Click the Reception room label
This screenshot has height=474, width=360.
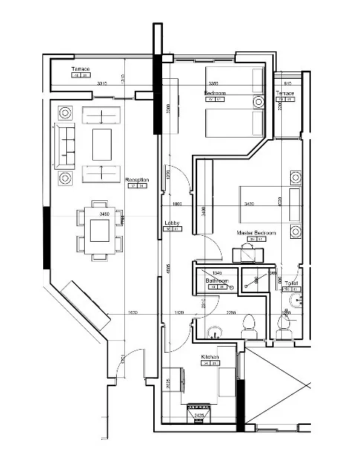click(x=137, y=180)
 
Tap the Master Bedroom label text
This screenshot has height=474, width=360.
click(x=257, y=233)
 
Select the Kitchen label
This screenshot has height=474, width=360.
click(x=210, y=358)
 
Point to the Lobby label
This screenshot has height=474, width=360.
click(x=173, y=222)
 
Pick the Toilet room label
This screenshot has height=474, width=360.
click(x=291, y=284)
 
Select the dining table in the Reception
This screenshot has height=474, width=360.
click(x=99, y=230)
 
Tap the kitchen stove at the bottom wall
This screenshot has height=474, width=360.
click(x=199, y=411)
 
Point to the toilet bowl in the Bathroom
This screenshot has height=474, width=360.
click(x=250, y=325)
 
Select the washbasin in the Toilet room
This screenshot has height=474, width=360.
click(x=298, y=300)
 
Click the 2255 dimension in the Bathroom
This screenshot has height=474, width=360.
click(x=231, y=313)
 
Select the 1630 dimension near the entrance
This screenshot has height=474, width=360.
click(x=132, y=313)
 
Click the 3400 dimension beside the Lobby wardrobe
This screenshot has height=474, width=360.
click(x=203, y=210)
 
